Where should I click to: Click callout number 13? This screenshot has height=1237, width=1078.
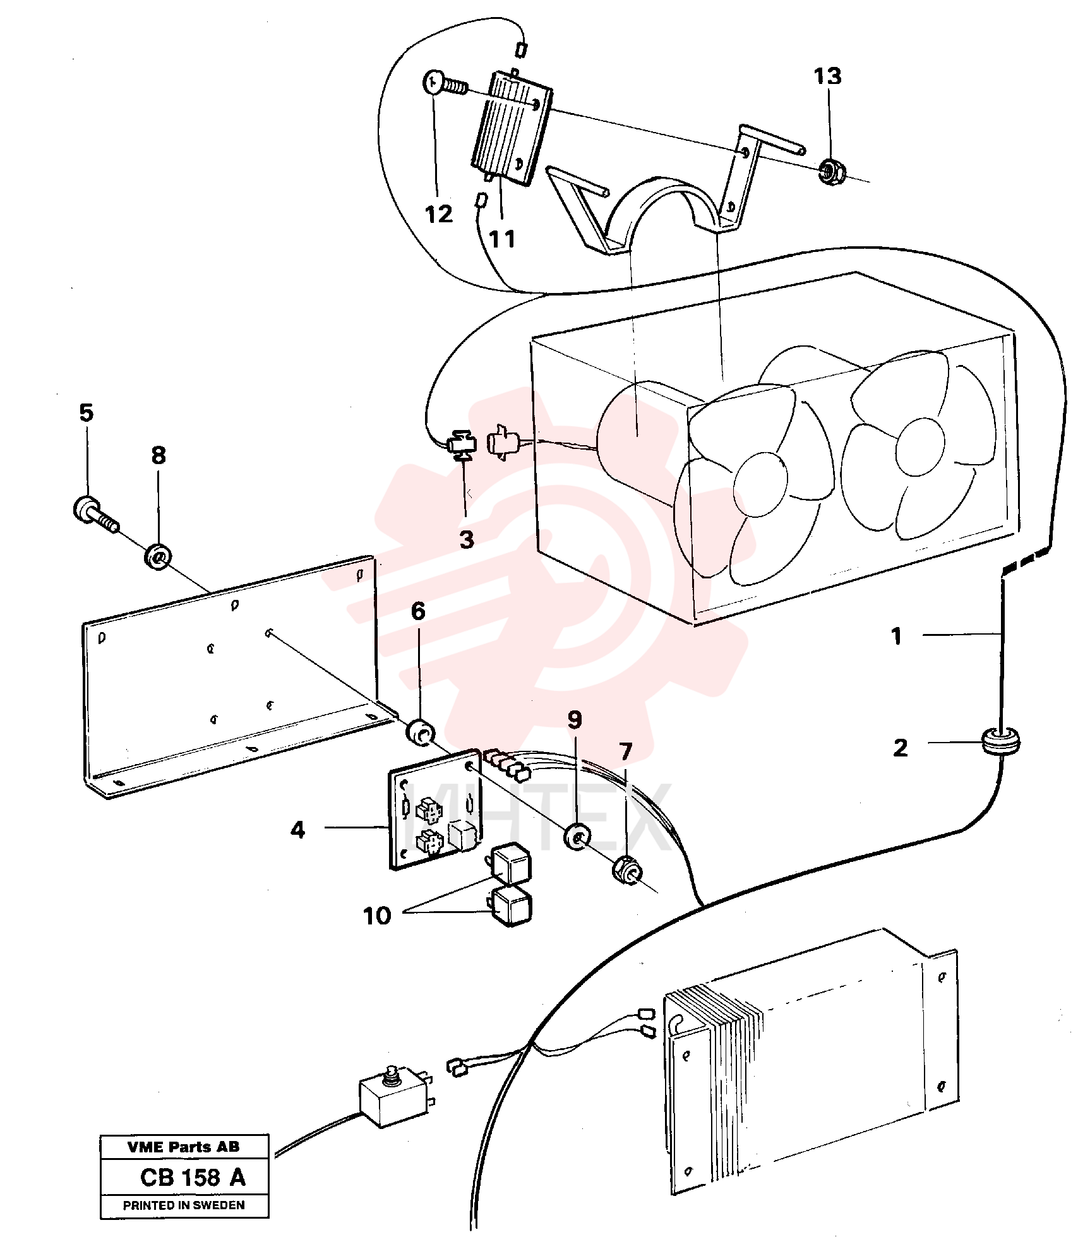827,76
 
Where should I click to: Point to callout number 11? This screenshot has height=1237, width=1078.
502,239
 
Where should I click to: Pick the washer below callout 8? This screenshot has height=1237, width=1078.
158,556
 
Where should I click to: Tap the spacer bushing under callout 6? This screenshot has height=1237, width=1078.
419,733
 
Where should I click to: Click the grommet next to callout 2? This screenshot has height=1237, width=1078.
1000,741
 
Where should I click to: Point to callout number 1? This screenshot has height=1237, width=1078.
896,636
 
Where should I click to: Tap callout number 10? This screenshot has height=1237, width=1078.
377,916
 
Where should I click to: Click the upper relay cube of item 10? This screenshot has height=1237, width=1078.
510,863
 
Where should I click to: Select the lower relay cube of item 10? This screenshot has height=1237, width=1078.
512,905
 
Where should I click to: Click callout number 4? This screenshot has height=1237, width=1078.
298,830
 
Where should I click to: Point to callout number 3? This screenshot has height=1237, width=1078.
467,540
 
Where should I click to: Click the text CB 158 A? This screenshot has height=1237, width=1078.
193,1177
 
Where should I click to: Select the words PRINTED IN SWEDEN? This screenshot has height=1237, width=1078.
184,1205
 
